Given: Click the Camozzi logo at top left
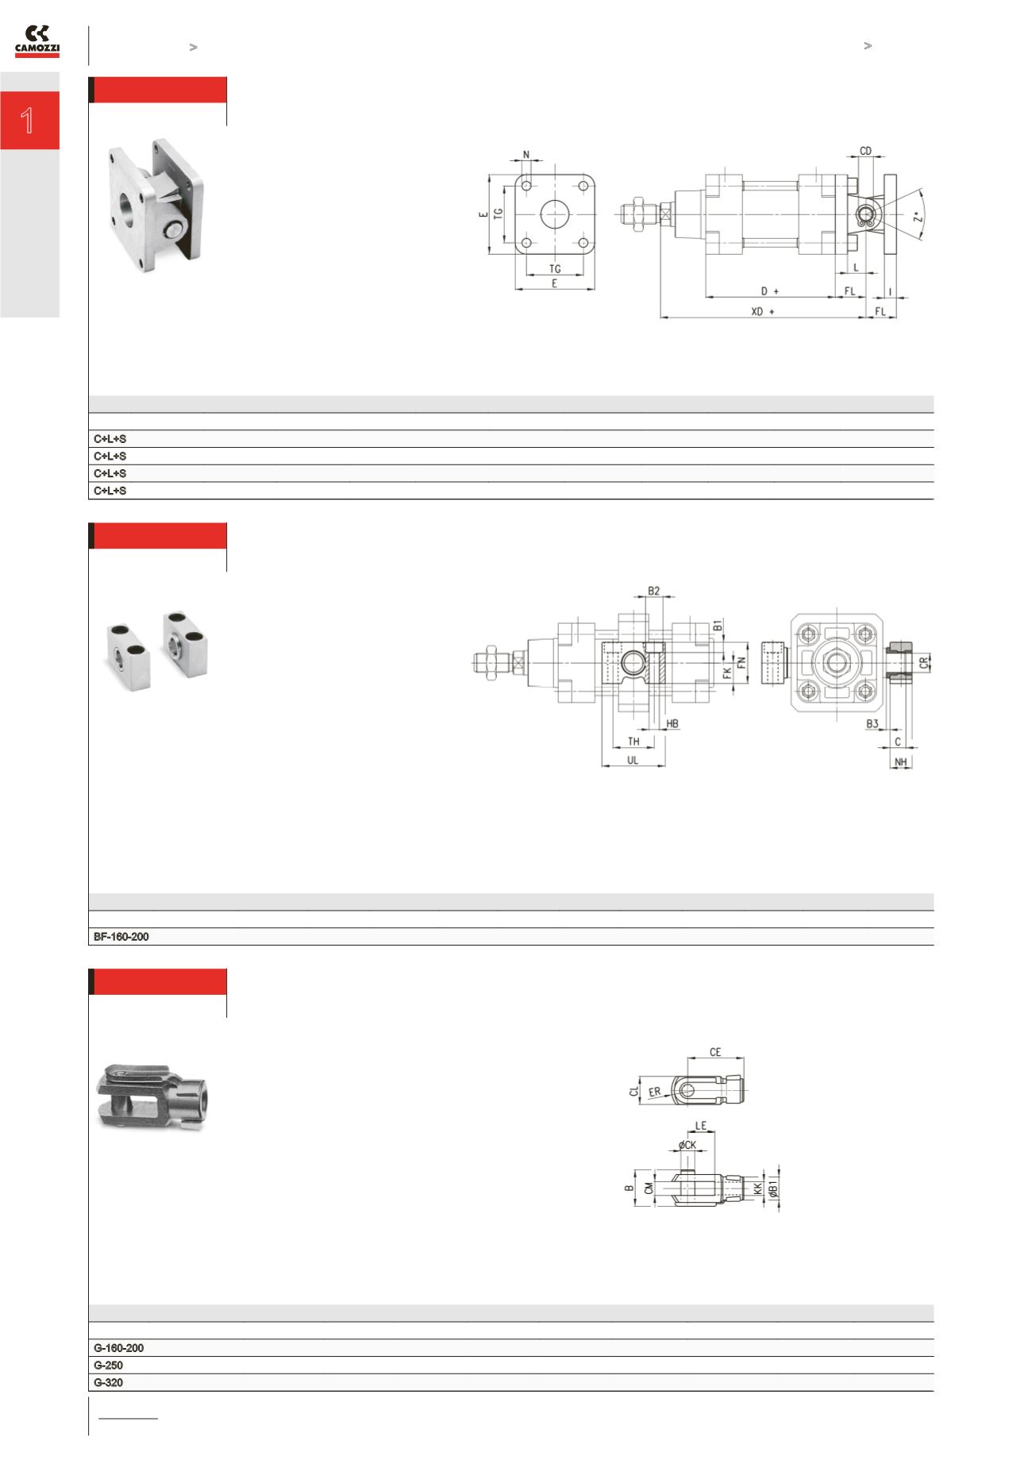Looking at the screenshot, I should (37, 41).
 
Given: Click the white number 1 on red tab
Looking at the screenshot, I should (28, 121).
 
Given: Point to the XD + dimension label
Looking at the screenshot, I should (762, 312).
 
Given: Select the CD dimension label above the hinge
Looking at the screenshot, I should (865, 151).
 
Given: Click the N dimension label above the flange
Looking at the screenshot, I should (526, 156).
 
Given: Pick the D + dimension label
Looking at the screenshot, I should (769, 291).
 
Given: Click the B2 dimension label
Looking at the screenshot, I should (653, 591).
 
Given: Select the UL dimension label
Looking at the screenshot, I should (633, 760).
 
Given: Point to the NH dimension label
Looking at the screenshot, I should (900, 762).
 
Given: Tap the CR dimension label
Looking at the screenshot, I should (924, 662).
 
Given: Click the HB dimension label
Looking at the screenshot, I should (672, 724).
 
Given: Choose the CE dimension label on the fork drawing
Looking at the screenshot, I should (715, 1052).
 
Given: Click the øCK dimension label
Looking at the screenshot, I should (687, 1145).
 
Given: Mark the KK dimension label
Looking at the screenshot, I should (758, 1188).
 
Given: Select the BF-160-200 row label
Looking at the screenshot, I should (121, 937).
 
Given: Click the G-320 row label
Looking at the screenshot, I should (108, 1382).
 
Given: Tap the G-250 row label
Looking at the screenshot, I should (108, 1365).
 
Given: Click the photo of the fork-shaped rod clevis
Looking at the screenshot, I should (151, 1096).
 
